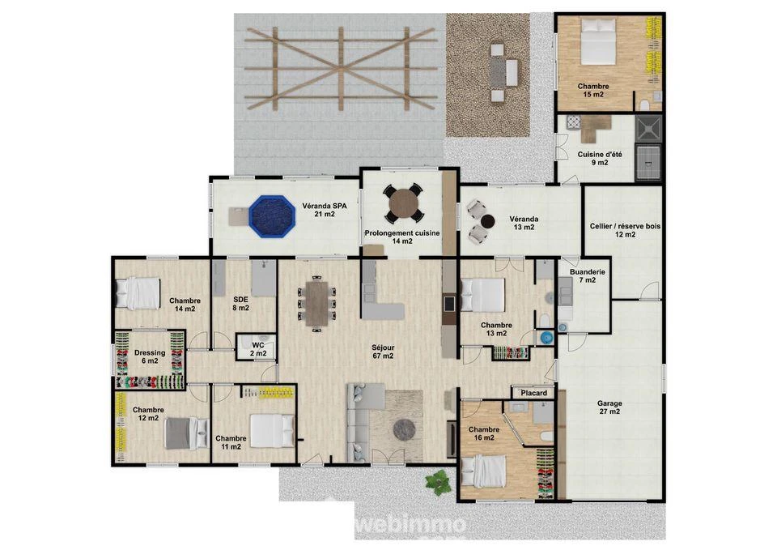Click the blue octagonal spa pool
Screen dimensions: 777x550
pos(272,216)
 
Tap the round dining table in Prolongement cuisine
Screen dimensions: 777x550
pos(404,203)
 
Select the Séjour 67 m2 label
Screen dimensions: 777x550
pos(383,352)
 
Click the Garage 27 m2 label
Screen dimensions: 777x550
pos(609,407)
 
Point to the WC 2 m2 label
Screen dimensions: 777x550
pos(258,349)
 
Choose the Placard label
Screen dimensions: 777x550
pos(533,393)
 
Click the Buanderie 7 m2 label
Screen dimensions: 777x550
pos(588,275)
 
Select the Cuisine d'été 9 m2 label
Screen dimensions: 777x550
pos(600,158)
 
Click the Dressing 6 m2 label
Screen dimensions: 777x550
pos(150,356)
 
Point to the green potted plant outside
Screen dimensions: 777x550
pos(438,481)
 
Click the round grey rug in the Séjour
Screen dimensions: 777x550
pos(405,429)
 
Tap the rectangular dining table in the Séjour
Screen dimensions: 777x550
pos(316,304)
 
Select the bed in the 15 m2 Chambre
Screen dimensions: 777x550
pos(598,41)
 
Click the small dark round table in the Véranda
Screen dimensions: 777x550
pos(487,221)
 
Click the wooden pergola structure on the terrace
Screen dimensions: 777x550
pos(341,68)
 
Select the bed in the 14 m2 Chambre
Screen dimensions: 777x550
pos(138,293)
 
